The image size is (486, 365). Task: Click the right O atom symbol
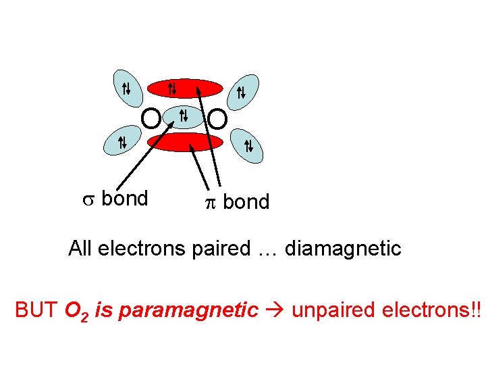click(217, 120)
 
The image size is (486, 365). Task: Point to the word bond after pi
click(246, 202)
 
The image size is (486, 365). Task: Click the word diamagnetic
click(343, 249)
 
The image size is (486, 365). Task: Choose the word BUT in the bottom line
click(37, 310)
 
